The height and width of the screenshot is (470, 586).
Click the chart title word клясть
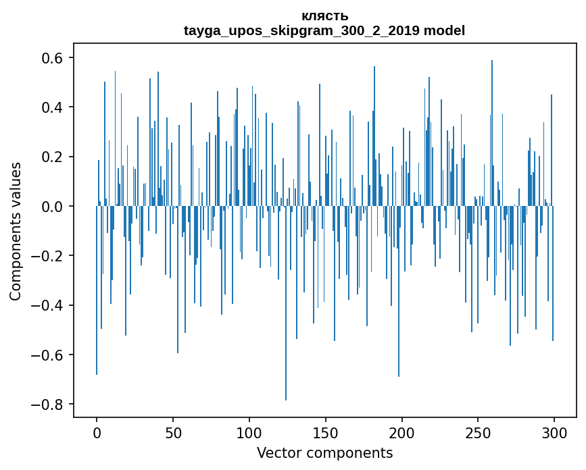pos(324,16)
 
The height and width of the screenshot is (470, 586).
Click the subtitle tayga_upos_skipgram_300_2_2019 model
pos(324,30)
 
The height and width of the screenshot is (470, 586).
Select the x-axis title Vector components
pos(324,452)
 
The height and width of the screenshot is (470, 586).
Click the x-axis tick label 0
pos(97,432)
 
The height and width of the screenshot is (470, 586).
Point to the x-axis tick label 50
pos(173,432)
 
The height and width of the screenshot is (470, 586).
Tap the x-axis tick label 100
pos(249,432)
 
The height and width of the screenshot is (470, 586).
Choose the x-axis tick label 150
pos(326,432)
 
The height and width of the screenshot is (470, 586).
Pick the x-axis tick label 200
pos(402,432)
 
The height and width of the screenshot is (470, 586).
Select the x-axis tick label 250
pos(478,432)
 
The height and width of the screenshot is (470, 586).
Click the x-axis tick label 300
pos(554,432)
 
